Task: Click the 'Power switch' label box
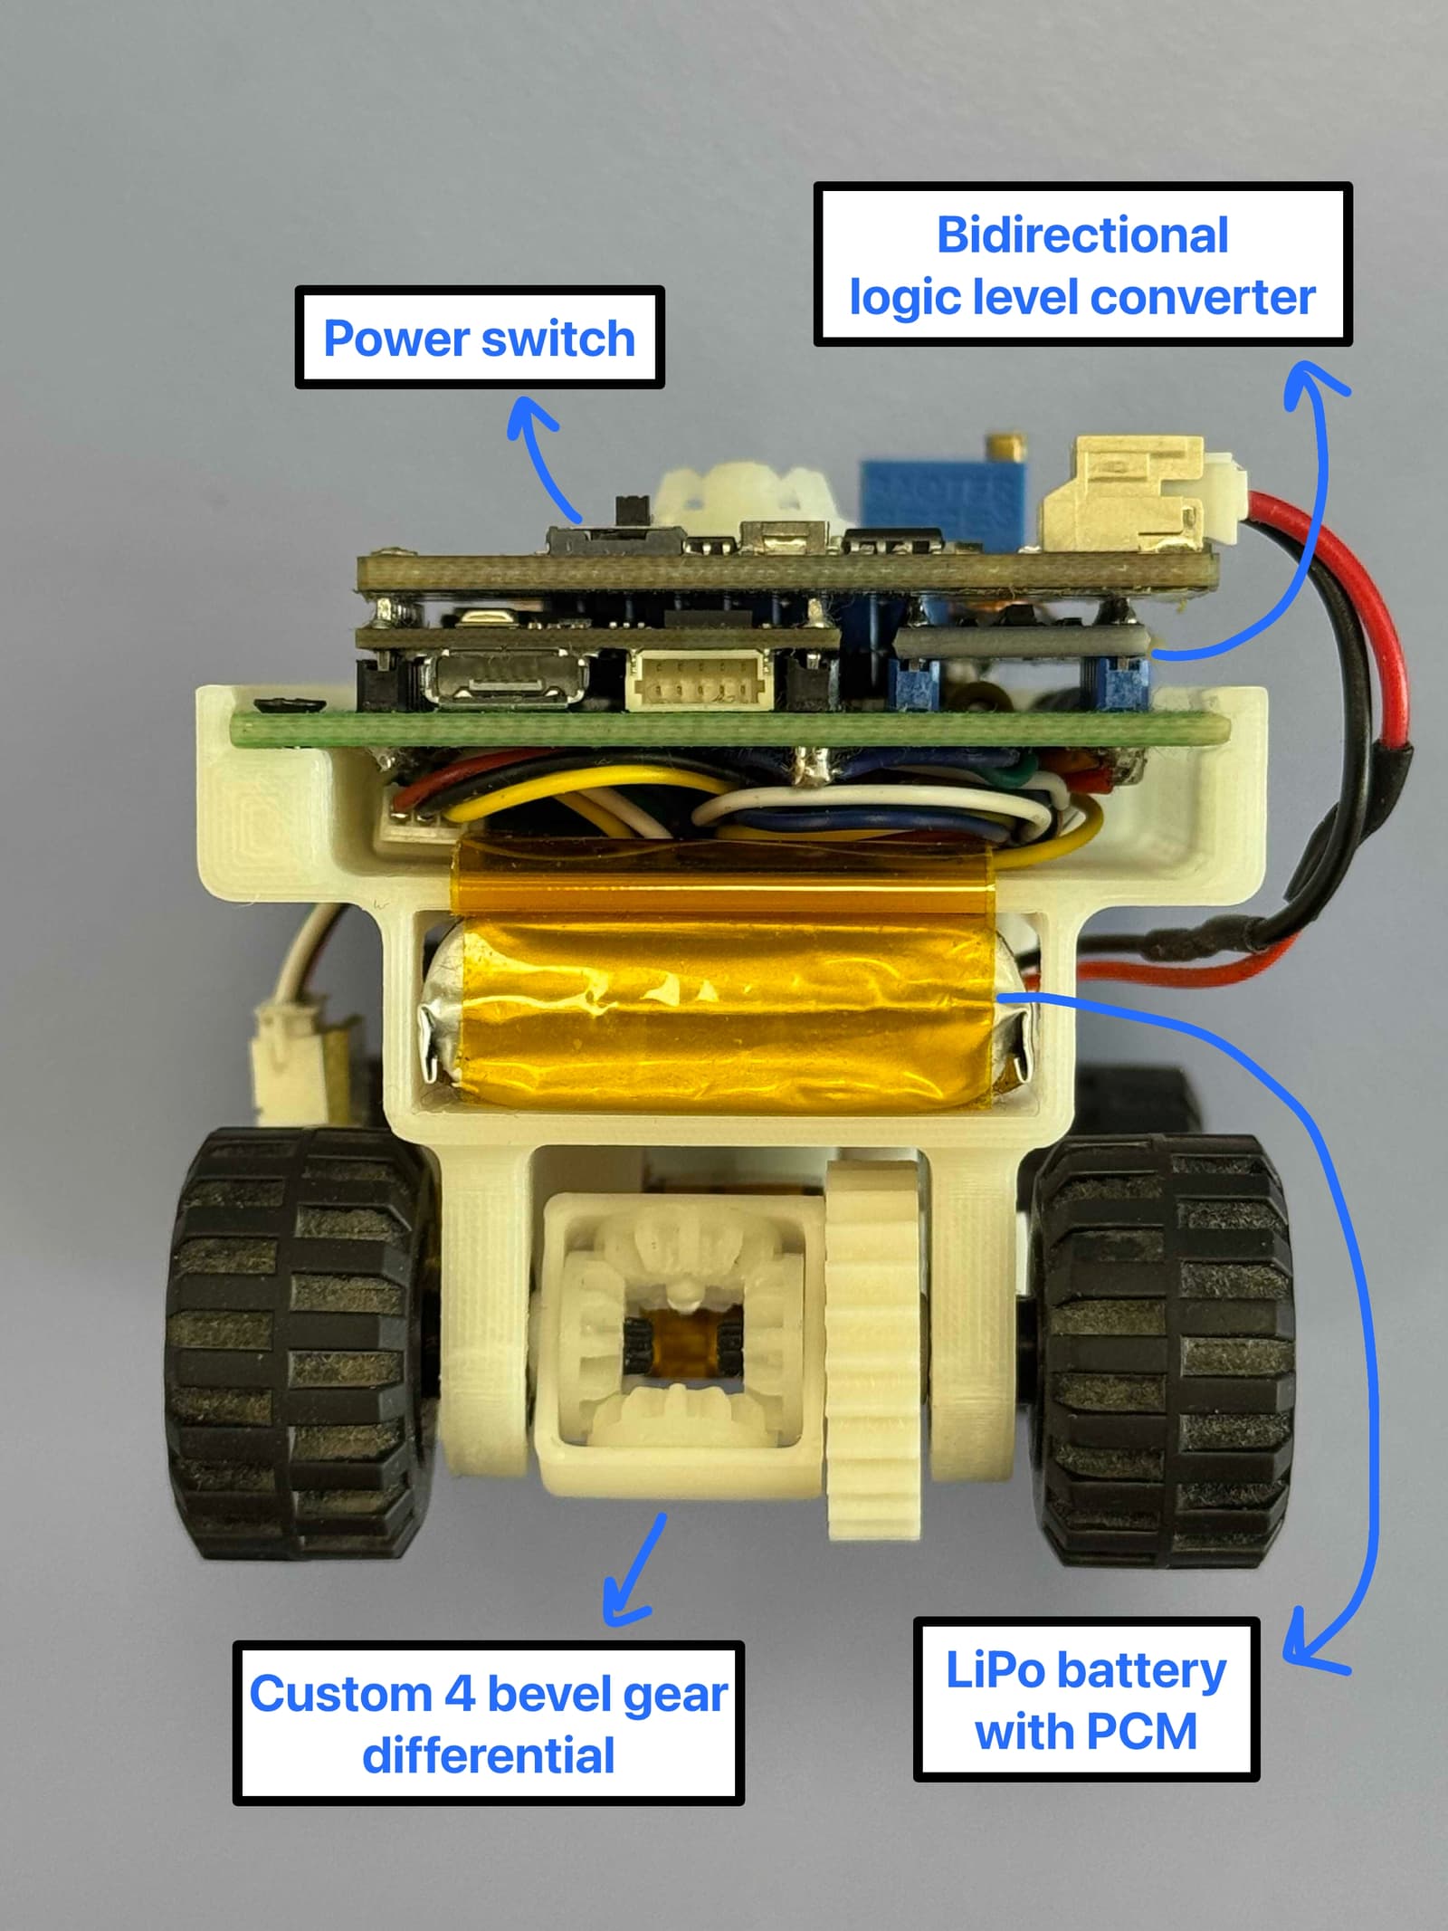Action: pyautogui.click(x=480, y=338)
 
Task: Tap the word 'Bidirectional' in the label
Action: pyautogui.click(x=1082, y=235)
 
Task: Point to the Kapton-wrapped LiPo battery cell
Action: pyautogui.click(x=724, y=1014)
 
